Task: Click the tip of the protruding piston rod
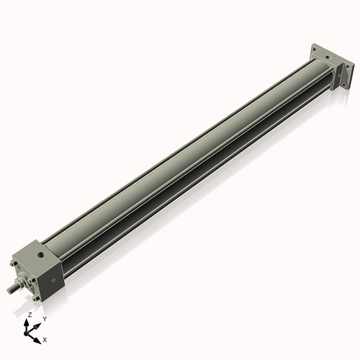(x=9, y=291)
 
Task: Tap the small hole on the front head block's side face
(x=53, y=280)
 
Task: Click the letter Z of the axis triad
(x=30, y=315)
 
